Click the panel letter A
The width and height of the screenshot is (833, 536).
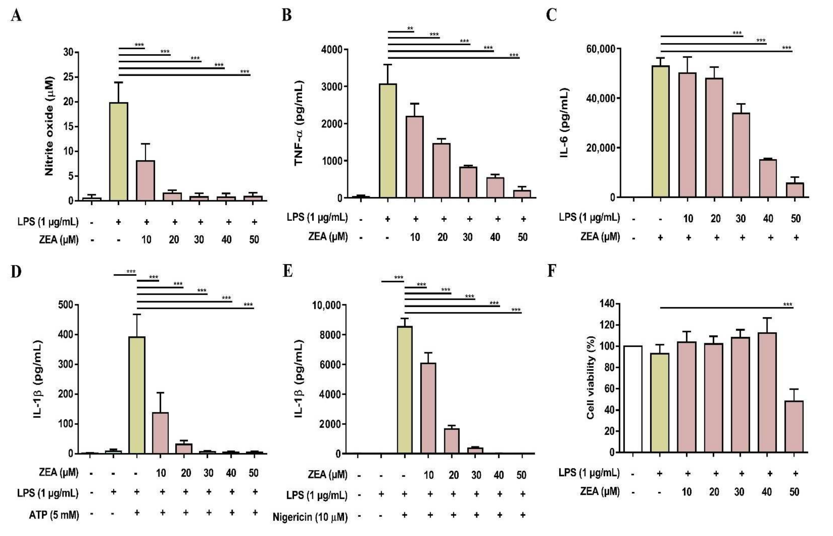coord(16,16)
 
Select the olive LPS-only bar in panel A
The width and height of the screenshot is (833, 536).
coord(119,151)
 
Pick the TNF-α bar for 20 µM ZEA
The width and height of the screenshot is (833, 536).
coord(441,170)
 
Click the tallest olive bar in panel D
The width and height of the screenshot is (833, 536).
coord(137,395)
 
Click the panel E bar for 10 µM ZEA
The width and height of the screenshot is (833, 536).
coord(428,408)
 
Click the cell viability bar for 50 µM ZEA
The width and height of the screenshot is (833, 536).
coord(794,426)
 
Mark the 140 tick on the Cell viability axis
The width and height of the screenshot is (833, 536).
coord(607,303)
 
